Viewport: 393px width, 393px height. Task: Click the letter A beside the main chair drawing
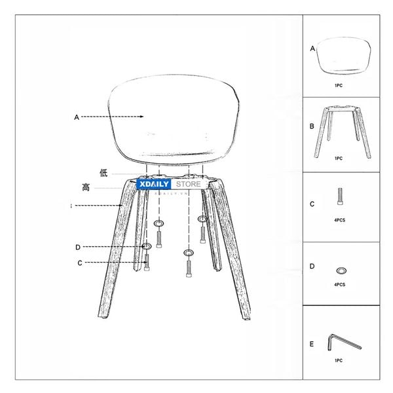[77, 117]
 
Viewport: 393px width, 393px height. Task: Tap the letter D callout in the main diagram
[77, 247]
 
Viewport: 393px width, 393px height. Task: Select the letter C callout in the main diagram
[79, 263]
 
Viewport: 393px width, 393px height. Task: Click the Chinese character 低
[103, 173]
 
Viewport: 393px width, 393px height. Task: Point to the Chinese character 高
[86, 187]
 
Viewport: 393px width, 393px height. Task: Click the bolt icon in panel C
[340, 196]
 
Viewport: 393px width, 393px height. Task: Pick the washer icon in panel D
[340, 269]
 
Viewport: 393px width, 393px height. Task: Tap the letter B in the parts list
[312, 126]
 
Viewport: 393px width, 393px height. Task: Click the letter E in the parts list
[312, 344]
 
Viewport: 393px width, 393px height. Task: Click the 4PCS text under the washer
[340, 285]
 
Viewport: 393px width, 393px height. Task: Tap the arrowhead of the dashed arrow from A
[141, 117]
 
